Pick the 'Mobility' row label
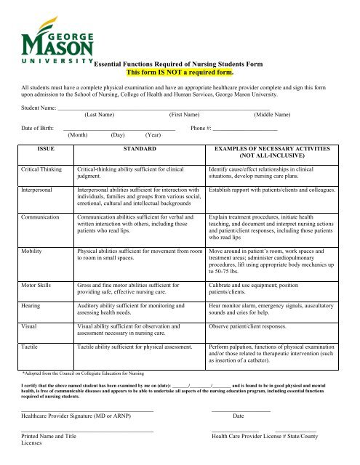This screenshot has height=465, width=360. point(33,251)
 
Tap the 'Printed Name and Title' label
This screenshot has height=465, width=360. point(49,436)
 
